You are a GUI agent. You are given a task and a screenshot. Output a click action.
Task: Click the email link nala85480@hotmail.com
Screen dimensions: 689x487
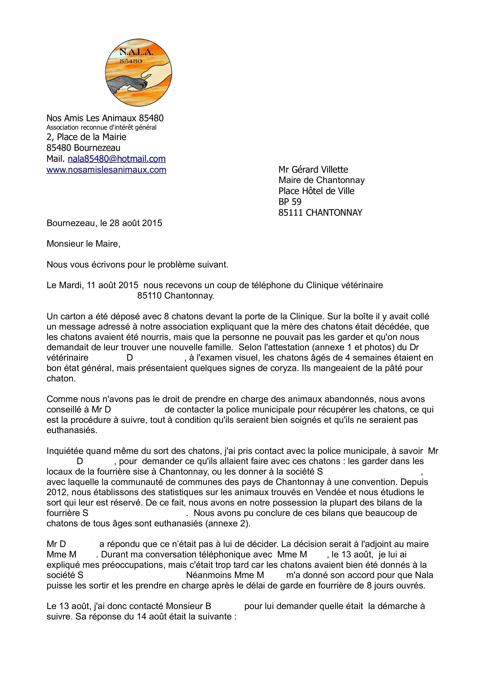click(116, 159)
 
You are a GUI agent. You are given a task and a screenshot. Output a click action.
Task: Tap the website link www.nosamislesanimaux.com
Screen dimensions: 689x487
click(106, 170)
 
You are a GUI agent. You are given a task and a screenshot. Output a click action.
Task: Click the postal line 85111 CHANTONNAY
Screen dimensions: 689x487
click(320, 213)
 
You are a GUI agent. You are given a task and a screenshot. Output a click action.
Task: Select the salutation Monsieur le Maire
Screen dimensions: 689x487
click(83, 244)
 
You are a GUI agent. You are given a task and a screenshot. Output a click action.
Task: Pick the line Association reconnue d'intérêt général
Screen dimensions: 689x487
click(101, 127)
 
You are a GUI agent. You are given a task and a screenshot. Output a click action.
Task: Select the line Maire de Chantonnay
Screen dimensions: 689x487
click(321, 180)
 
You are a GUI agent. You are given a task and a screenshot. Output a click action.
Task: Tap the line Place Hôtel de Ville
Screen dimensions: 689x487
click(316, 191)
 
